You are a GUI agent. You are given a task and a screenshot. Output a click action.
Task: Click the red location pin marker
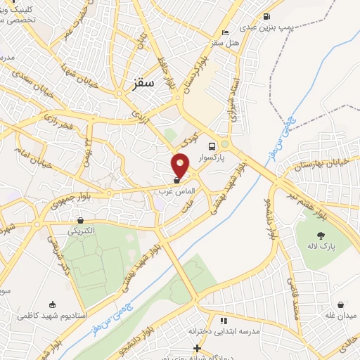tap(181, 166)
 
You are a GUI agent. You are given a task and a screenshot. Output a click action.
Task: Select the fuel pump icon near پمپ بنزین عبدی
tap(266, 17)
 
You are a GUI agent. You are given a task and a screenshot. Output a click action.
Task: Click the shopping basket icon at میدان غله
tap(341, 305)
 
